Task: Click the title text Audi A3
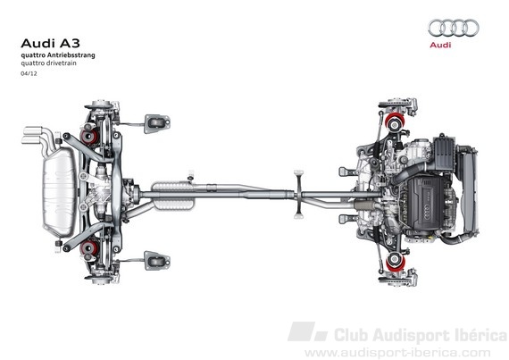tap(50, 43)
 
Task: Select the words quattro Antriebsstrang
tap(58, 55)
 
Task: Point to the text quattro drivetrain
tap(49, 63)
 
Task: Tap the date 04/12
tap(29, 73)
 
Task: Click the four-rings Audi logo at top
tap(454, 28)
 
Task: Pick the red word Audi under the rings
tap(440, 45)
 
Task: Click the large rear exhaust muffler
tap(60, 191)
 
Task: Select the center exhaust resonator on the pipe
tap(173, 196)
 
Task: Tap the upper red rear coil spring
tap(89, 137)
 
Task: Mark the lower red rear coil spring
tap(89, 247)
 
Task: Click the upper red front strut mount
tap(395, 121)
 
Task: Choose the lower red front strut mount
tap(395, 262)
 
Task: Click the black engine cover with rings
tap(424, 203)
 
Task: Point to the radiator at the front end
tap(468, 191)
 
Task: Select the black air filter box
tap(443, 155)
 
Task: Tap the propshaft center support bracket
tap(298, 194)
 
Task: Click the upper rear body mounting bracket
tap(157, 123)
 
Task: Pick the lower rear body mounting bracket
tap(157, 260)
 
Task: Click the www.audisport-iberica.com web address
tap(397, 353)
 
